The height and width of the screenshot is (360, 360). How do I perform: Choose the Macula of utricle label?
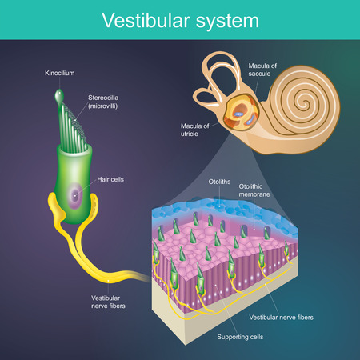point(193,128)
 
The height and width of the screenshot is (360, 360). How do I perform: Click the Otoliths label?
point(219,182)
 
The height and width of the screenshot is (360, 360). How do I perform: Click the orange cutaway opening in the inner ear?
point(238,112)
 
